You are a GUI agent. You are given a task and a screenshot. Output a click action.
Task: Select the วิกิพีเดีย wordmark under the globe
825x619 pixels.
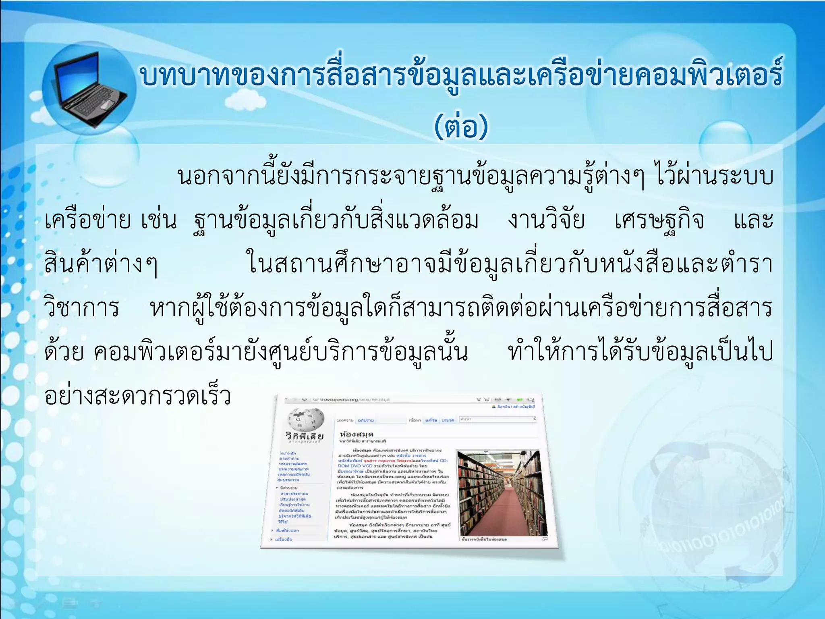click(x=305, y=436)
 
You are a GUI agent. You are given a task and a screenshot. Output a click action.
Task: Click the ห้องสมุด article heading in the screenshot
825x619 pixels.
click(x=357, y=434)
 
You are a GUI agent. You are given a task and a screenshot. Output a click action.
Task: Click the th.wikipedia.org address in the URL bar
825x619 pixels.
click(x=354, y=399)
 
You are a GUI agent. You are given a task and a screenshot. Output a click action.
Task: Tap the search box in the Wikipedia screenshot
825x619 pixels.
click(x=497, y=420)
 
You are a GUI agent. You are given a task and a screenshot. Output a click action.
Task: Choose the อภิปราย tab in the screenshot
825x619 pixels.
click(x=366, y=420)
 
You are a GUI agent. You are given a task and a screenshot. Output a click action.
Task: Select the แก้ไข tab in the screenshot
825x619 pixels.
click(x=431, y=420)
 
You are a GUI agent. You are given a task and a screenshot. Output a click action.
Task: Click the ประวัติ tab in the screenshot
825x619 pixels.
click(x=448, y=420)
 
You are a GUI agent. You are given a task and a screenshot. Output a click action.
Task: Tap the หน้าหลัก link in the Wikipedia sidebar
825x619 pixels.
click(x=288, y=454)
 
